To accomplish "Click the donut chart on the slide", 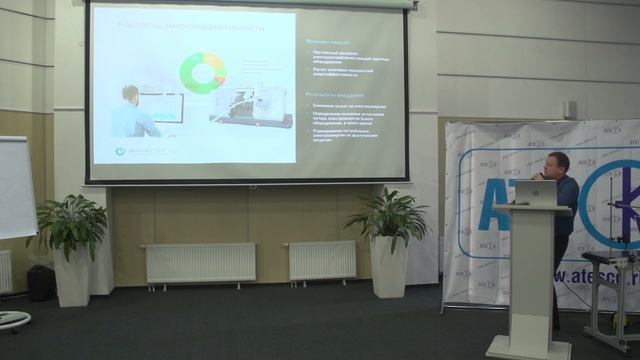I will tap(202, 73).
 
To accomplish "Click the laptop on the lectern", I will tap(543, 193).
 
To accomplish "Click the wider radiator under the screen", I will tap(200, 262).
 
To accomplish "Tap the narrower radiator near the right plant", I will tap(322, 260).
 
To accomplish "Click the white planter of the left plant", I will tap(72, 276).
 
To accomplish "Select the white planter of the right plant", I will tap(388, 266).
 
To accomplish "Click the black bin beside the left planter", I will tap(41, 282).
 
